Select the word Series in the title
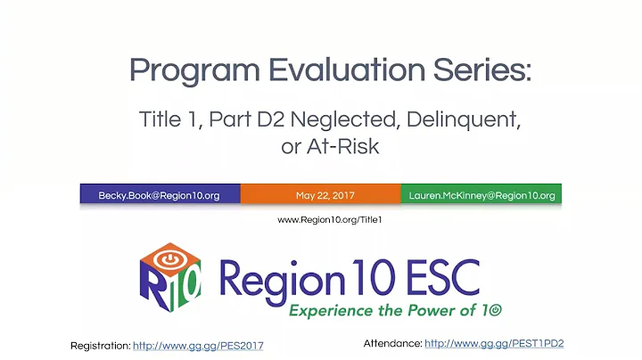(478, 69)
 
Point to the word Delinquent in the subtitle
(458, 119)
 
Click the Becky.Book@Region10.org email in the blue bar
(160, 194)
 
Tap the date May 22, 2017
(320, 194)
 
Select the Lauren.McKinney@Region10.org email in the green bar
(481, 194)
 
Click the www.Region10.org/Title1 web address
(330, 219)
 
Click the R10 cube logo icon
(169, 273)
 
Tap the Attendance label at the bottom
(392, 343)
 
